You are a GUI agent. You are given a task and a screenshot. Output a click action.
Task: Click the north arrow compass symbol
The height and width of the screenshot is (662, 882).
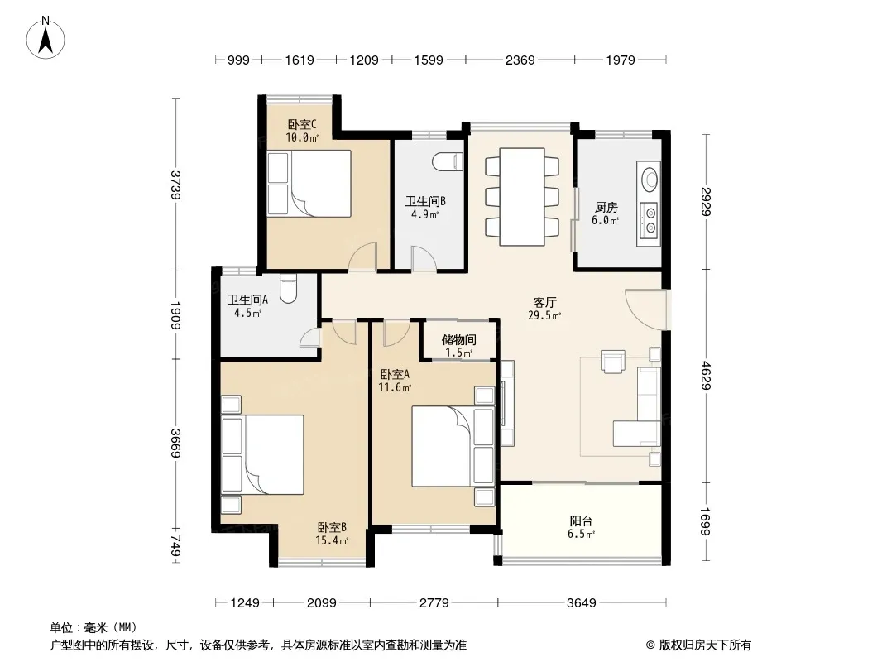[x=46, y=38]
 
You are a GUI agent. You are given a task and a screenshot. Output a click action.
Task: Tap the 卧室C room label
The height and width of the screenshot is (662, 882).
[x=302, y=124]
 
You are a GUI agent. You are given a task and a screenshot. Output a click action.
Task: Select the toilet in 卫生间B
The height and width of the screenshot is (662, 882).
[x=448, y=161]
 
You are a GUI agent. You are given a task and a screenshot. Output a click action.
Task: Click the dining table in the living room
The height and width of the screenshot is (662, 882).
[x=522, y=196]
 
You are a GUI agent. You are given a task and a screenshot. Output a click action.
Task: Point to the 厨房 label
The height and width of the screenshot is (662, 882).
[x=606, y=207]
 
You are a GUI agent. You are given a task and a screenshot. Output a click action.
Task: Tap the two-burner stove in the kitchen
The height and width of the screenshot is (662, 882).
[x=650, y=220]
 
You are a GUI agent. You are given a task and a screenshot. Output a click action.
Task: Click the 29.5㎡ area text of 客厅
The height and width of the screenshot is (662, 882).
[x=544, y=316]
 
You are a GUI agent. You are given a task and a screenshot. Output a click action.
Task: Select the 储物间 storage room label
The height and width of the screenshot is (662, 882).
[x=459, y=340]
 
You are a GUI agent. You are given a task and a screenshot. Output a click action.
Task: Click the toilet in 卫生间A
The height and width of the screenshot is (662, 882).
[x=288, y=289]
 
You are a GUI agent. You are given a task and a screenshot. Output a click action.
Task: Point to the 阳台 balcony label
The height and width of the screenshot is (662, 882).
[x=581, y=521]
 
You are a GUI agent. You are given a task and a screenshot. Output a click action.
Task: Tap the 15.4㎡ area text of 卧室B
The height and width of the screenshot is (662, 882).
[x=332, y=541]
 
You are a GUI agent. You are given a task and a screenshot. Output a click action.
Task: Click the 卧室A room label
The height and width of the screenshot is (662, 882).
[x=395, y=374]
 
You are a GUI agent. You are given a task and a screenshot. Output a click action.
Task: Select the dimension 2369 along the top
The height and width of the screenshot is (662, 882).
[x=520, y=60]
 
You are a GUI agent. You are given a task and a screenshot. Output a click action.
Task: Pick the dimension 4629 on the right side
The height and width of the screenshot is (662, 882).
[x=706, y=375]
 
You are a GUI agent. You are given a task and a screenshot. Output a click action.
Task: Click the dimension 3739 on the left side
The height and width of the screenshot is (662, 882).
[x=176, y=185]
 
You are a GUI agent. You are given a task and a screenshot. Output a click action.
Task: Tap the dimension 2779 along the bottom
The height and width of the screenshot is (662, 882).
[x=434, y=603]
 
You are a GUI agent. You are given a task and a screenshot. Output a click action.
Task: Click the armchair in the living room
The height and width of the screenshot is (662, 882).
[x=612, y=362]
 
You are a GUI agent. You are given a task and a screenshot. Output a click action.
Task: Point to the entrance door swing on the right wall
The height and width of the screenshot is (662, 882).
[x=645, y=309]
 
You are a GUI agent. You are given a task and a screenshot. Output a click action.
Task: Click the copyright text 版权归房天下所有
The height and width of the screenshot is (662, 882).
[x=704, y=645]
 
